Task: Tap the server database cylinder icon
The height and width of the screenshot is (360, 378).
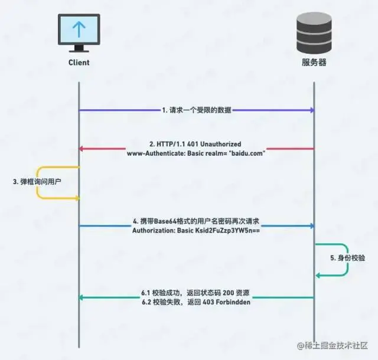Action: coord(313,31)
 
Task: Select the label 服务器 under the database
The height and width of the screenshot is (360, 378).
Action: coord(313,62)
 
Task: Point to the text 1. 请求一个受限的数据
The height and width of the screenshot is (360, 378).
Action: coord(196,110)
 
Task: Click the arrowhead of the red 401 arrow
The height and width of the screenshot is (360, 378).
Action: coord(83,149)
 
